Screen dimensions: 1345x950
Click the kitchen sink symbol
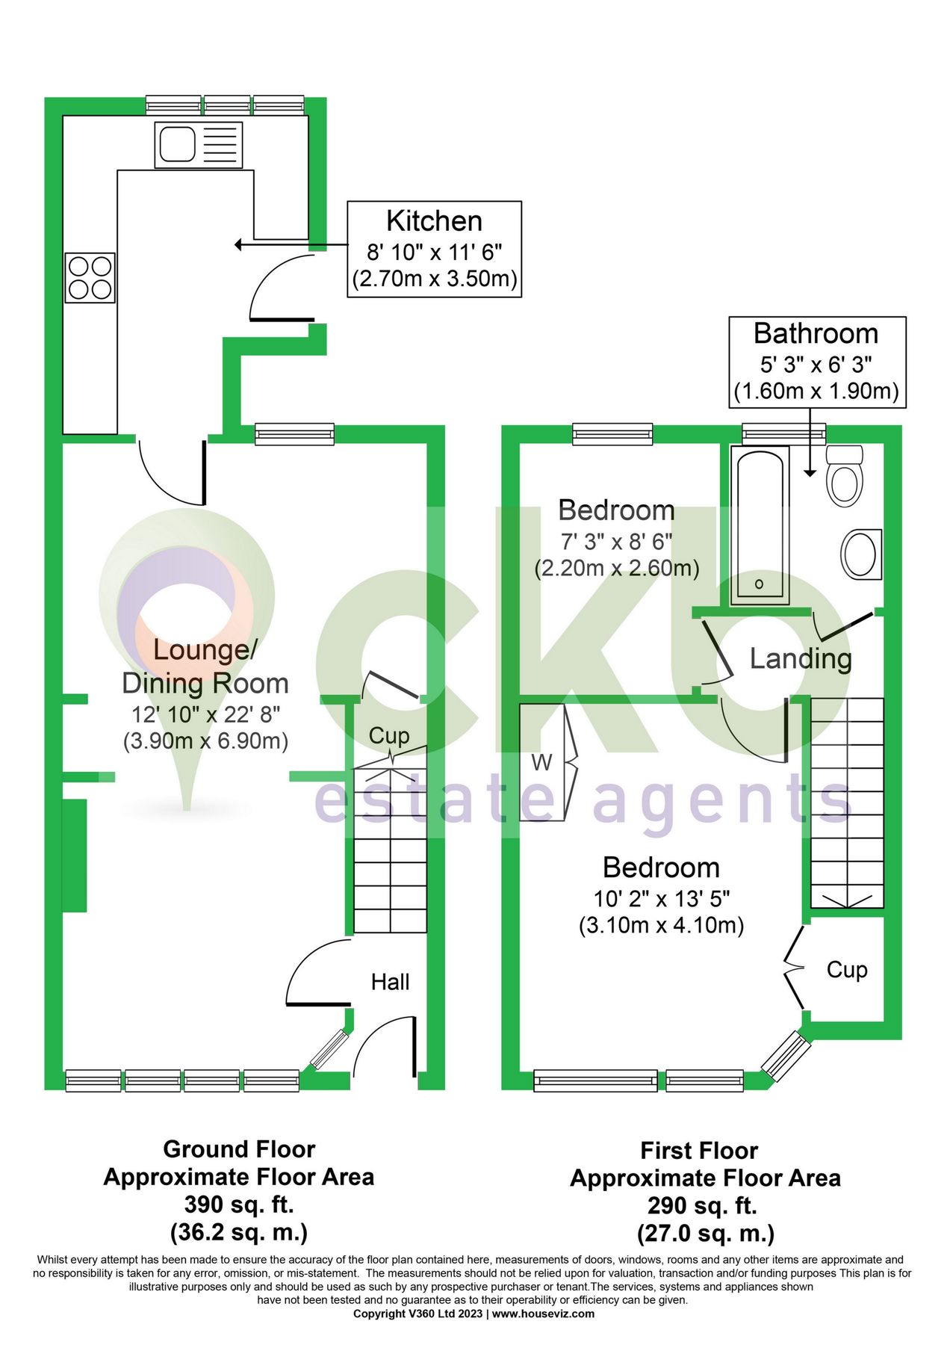(x=199, y=145)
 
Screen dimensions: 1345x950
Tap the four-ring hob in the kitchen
(x=90, y=278)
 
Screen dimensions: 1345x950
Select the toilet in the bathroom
(x=845, y=476)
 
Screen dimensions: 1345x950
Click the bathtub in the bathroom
(x=760, y=525)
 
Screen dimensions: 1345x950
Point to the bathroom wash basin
(x=861, y=554)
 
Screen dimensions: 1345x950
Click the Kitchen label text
(x=434, y=221)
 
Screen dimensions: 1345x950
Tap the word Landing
(x=801, y=658)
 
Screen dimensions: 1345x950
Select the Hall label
(x=390, y=982)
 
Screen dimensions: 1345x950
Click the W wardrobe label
(x=542, y=763)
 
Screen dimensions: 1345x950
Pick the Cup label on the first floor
(x=847, y=970)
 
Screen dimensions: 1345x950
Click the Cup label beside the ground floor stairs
(x=389, y=736)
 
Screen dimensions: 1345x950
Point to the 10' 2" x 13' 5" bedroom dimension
(x=662, y=898)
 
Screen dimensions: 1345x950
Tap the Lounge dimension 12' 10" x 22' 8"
(x=206, y=715)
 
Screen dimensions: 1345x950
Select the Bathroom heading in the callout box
(x=816, y=333)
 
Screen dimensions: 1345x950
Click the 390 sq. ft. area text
(x=239, y=1205)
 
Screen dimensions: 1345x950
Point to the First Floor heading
(x=699, y=1150)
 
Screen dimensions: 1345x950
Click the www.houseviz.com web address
(x=543, y=1314)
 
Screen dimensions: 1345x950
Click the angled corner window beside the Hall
(x=329, y=1049)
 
